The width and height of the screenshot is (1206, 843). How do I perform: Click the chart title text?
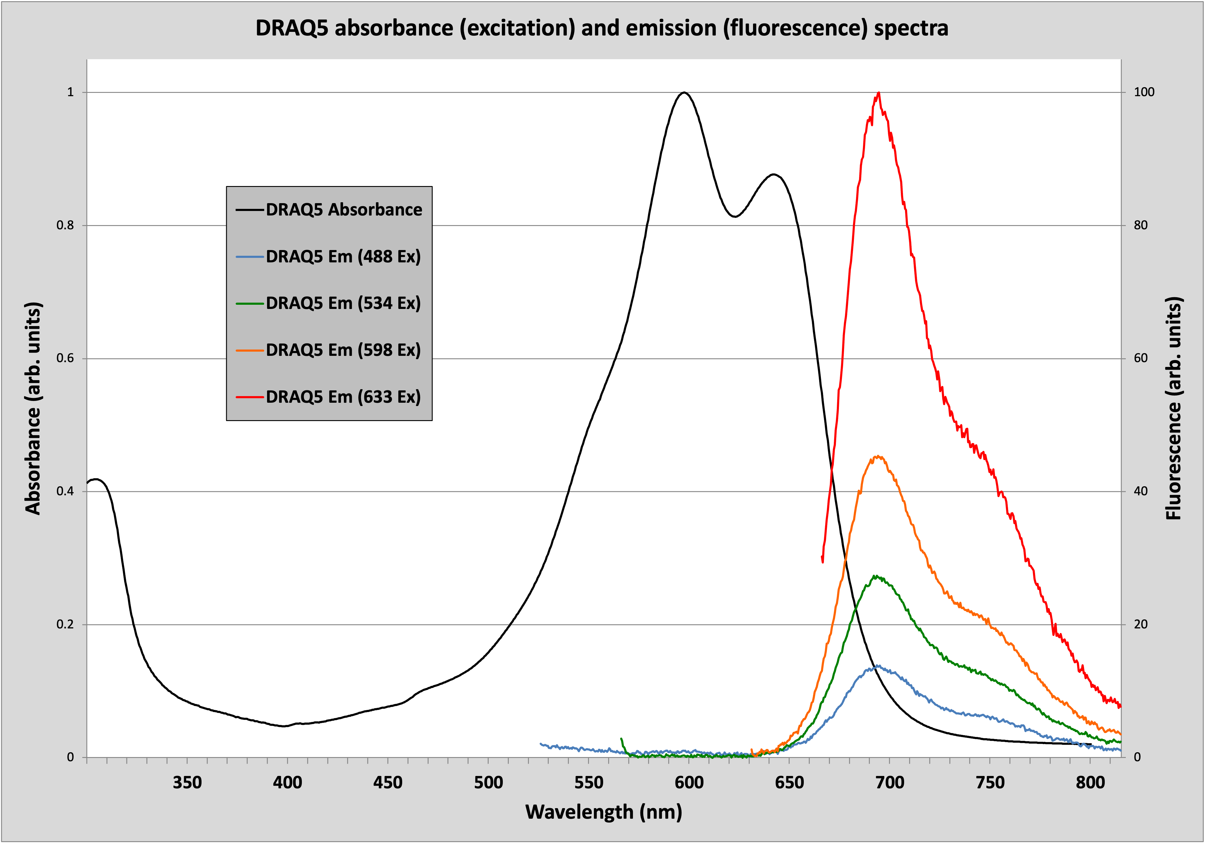pyautogui.click(x=602, y=28)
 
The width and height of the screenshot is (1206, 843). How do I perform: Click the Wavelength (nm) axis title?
pyautogui.click(x=603, y=812)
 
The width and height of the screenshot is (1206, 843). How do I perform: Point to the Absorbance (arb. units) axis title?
pyautogui.click(x=32, y=408)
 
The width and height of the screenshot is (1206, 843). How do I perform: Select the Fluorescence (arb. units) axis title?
pyautogui.click(x=1174, y=408)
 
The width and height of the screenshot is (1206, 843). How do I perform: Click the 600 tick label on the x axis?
pyautogui.click(x=689, y=783)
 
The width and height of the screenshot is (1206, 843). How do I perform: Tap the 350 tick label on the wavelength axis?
pyautogui.click(x=187, y=783)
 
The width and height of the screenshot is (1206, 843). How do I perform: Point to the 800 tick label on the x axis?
pyautogui.click(x=1090, y=783)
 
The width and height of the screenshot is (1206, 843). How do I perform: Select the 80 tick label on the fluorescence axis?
pyautogui.click(x=1141, y=225)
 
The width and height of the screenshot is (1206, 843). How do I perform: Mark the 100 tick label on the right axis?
pyautogui.click(x=1144, y=93)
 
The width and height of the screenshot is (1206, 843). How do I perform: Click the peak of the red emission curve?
pyautogui.click(x=878, y=93)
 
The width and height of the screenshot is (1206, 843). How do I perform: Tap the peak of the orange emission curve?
pyautogui.click(x=877, y=456)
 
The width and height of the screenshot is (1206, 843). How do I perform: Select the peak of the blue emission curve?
pyautogui.click(x=876, y=666)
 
